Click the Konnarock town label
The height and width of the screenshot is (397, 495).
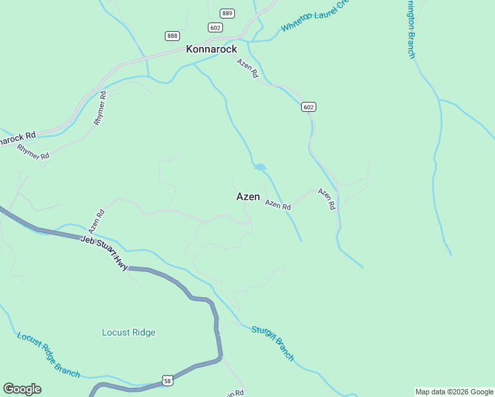(x=211, y=49)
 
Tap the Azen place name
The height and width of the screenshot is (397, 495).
(x=248, y=197)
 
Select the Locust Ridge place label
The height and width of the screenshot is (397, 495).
(x=128, y=332)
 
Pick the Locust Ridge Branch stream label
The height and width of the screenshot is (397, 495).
(x=48, y=355)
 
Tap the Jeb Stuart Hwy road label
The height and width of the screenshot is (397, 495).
(x=104, y=253)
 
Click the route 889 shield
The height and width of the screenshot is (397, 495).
(x=228, y=13)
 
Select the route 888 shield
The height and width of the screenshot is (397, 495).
(x=173, y=36)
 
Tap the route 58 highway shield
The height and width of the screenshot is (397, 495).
(x=168, y=380)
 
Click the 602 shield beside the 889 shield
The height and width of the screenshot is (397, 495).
(x=214, y=27)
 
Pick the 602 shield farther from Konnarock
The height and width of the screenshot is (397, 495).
(x=308, y=107)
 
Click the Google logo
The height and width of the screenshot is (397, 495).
(x=22, y=388)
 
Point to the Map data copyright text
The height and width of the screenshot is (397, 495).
(x=455, y=392)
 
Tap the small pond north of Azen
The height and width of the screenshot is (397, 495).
(x=260, y=167)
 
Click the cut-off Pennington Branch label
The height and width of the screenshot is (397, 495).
(x=411, y=30)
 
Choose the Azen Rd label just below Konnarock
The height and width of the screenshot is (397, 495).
(x=247, y=69)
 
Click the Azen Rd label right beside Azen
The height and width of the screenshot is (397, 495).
(x=278, y=206)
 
